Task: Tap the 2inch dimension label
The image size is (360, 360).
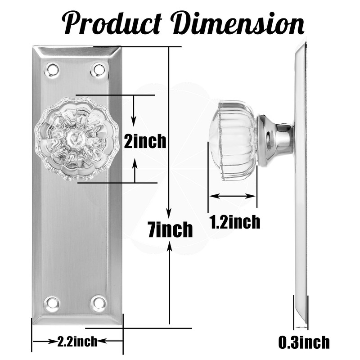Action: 145,142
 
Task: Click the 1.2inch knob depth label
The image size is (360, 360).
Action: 234,222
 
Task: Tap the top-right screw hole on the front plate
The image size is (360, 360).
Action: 98,69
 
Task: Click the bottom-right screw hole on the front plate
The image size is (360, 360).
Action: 98,302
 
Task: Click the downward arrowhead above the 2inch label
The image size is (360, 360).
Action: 134,121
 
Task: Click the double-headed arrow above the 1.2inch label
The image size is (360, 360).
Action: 232,196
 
